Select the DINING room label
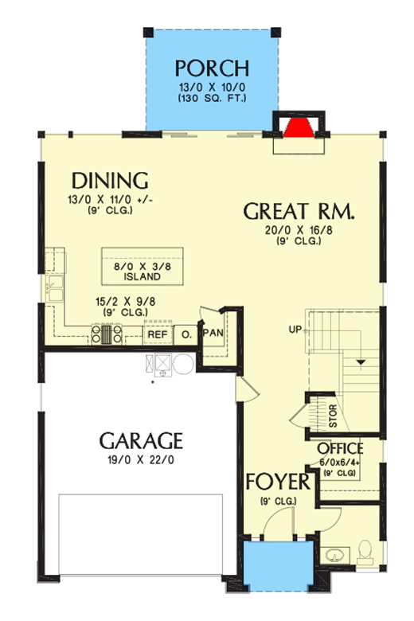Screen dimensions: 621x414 [x=110, y=179]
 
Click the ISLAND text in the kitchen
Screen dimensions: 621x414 [x=143, y=277]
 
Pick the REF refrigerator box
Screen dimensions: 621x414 [x=157, y=334]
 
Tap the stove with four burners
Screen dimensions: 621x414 [x=107, y=334]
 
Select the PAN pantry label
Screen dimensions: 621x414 [x=213, y=332]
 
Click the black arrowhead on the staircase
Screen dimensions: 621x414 [x=362, y=363]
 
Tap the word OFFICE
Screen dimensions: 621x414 [x=341, y=449]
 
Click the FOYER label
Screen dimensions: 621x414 [x=277, y=482]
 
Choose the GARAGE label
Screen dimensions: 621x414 [x=141, y=440]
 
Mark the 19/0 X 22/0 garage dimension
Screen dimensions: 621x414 [x=141, y=459]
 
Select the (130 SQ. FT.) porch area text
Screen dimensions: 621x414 [x=212, y=99]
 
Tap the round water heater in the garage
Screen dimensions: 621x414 [x=183, y=364]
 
